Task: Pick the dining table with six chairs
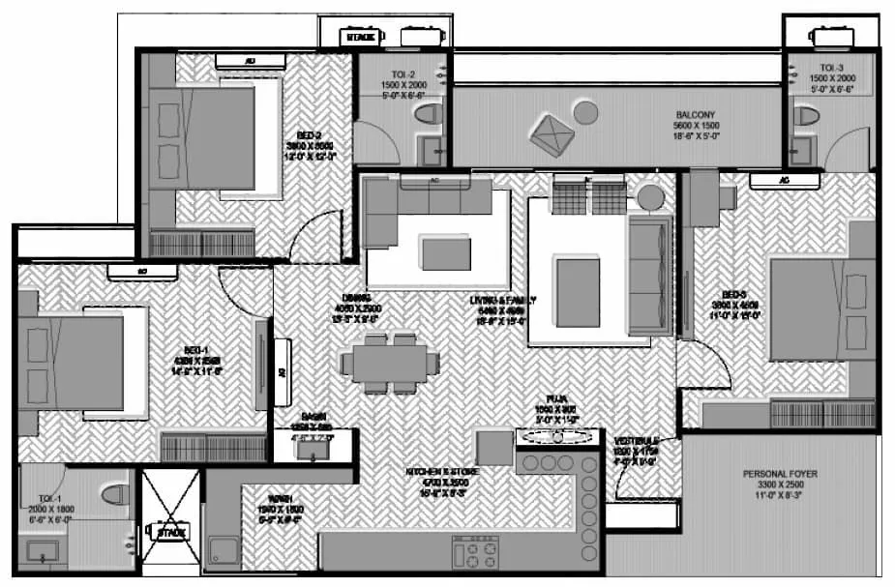(x=390, y=364)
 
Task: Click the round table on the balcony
(x=585, y=112)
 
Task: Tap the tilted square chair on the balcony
(x=551, y=133)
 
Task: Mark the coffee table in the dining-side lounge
(x=446, y=253)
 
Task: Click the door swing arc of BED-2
(x=312, y=237)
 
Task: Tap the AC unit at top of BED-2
(x=251, y=60)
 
